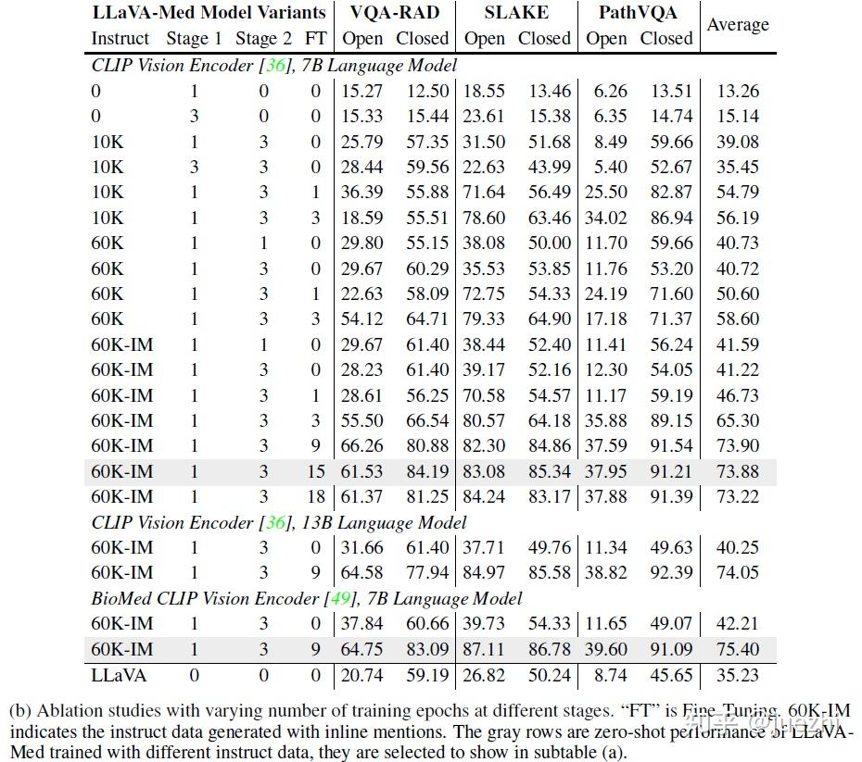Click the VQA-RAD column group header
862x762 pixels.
(394, 13)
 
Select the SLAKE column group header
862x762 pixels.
(516, 13)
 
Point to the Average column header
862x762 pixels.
(738, 25)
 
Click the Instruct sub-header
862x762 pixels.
(120, 39)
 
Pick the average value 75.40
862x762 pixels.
(738, 649)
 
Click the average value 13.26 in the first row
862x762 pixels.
(738, 91)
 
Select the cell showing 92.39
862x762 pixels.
(666, 573)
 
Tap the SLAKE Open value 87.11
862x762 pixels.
(485, 649)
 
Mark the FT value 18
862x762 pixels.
(316, 497)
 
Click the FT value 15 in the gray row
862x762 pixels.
(316, 472)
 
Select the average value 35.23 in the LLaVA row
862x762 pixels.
(738, 675)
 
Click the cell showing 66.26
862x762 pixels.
(362, 446)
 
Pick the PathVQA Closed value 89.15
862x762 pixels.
(666, 421)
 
